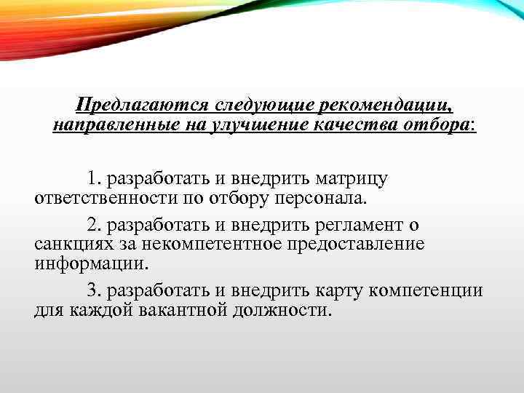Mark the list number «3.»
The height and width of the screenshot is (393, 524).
click(93, 290)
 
